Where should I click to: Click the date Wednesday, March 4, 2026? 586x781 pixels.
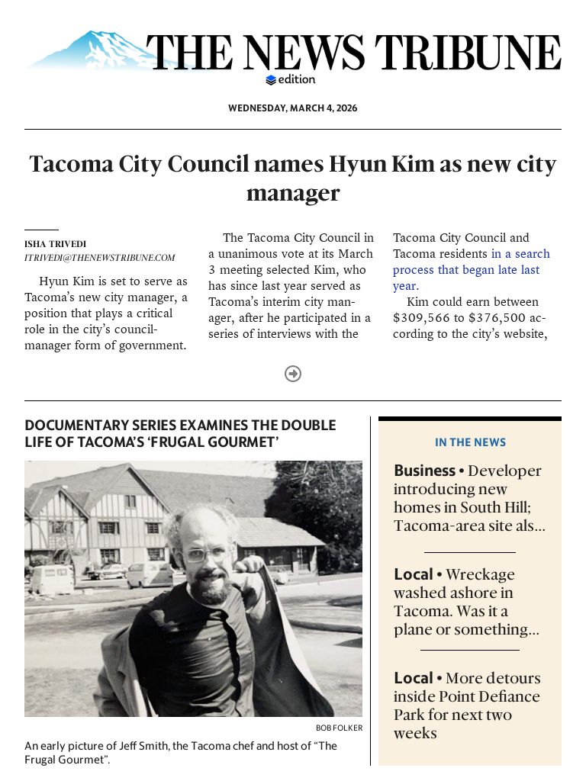292,108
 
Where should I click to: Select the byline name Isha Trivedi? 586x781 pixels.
55,244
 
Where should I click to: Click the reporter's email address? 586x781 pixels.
99,258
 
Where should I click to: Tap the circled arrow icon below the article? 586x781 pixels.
293,374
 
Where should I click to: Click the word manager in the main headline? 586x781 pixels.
292,193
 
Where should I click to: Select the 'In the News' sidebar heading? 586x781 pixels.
470,442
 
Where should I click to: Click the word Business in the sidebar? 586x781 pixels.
424,471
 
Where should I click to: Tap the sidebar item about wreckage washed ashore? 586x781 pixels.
466,602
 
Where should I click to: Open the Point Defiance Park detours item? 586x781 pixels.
466,705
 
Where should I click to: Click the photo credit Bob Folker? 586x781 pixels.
339,728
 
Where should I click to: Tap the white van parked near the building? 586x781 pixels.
52,579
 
